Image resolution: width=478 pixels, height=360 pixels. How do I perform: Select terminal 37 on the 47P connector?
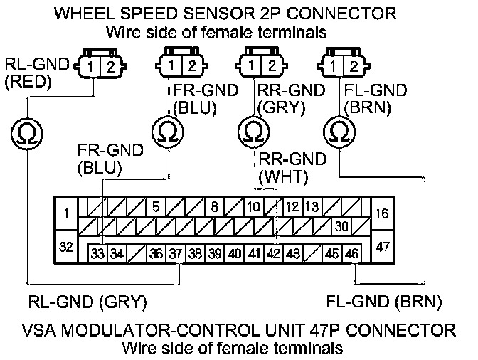176,253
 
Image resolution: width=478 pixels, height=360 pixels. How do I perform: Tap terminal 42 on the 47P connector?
273,253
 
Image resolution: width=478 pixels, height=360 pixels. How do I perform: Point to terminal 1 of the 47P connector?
65,213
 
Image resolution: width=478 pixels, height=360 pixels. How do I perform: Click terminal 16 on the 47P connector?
381,213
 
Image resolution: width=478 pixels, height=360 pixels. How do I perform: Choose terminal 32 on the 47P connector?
65,247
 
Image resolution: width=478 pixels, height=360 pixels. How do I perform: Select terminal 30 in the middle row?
341,227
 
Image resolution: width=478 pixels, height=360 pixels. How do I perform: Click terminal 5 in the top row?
154,208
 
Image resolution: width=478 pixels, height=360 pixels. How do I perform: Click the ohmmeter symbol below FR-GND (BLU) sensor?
168,131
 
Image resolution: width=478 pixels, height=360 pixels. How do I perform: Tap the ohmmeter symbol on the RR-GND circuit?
252,131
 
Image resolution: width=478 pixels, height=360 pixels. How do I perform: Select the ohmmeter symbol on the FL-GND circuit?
339,131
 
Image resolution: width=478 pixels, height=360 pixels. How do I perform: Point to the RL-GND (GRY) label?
87,302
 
